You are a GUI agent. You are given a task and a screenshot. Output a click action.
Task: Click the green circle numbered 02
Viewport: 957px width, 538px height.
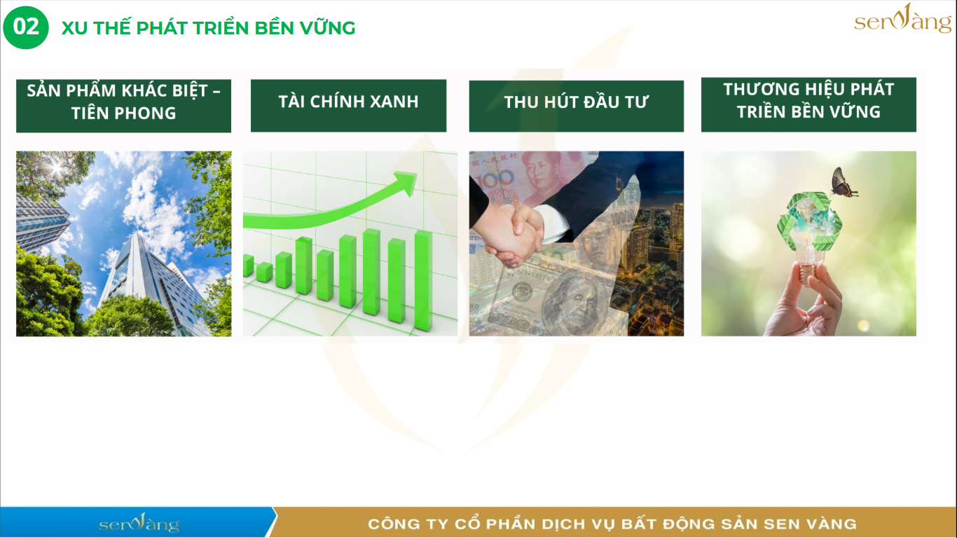pyautogui.click(x=26, y=27)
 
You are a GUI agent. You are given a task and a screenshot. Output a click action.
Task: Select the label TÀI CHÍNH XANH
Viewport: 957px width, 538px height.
pyautogui.click(x=348, y=102)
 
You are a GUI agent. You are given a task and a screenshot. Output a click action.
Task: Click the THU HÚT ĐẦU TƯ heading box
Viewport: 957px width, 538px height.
pyautogui.click(x=577, y=106)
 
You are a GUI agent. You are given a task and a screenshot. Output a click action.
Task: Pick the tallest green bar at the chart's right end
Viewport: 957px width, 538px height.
pyautogui.click(x=423, y=280)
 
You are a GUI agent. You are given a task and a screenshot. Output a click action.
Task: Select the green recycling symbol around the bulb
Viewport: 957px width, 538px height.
pyautogui.click(x=809, y=221)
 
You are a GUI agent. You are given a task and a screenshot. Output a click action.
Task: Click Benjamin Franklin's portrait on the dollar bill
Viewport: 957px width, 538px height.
pyautogui.click(x=574, y=304)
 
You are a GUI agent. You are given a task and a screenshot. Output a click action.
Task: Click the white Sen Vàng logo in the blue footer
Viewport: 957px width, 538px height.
pyautogui.click(x=139, y=523)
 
